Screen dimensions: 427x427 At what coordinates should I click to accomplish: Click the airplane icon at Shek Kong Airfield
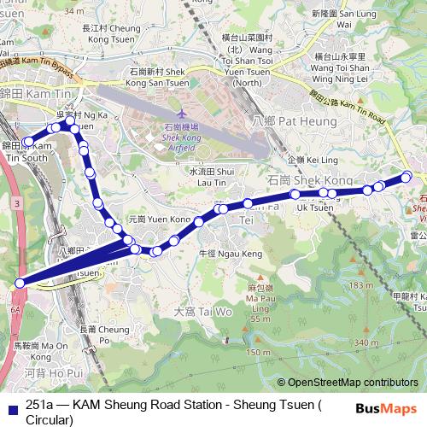click(x=180, y=114)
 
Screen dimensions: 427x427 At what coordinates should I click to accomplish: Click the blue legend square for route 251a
click(x=11, y=407)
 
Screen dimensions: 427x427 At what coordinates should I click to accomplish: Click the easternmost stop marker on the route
click(x=407, y=177)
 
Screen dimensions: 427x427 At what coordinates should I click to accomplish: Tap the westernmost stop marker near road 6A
click(x=20, y=284)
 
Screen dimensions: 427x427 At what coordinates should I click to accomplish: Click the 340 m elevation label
click(x=367, y=342)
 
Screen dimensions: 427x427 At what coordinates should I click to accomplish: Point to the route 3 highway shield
click(x=16, y=204)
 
